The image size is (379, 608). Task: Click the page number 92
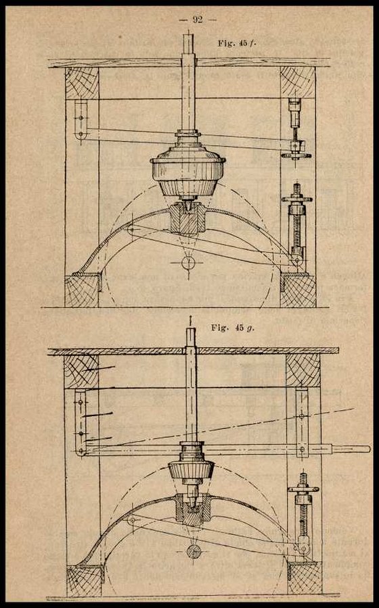197,20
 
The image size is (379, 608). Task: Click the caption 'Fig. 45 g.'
233,328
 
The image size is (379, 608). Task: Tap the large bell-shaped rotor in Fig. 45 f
188,170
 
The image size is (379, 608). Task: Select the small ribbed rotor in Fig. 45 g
191,470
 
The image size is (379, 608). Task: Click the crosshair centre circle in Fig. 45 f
188,263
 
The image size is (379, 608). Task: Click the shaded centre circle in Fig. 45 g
194,551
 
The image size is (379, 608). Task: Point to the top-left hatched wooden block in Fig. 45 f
82,83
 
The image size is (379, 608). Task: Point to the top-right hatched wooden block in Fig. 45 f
298,82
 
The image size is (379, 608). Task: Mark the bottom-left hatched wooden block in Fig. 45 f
82,290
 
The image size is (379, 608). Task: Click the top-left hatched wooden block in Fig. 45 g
81,372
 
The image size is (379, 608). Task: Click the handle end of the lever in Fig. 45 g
351,449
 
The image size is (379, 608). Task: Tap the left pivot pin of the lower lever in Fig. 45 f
131,230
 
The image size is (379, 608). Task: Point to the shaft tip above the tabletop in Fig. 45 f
188,44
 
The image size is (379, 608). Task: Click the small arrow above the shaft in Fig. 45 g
191,320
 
